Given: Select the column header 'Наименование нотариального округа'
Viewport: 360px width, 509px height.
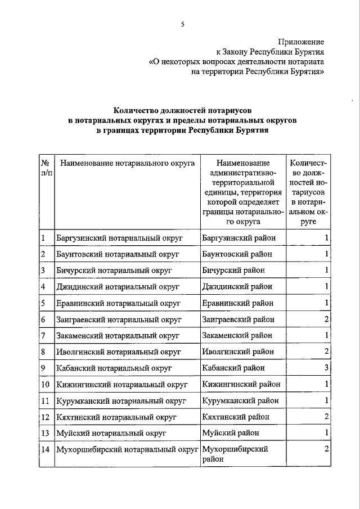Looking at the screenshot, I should coord(127,164).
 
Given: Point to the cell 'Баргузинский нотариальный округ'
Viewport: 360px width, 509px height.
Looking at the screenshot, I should coord(120,238).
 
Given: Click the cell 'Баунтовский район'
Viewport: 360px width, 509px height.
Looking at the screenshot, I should coord(237,254).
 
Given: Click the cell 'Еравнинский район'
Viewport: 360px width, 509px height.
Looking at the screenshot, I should coord(237,303).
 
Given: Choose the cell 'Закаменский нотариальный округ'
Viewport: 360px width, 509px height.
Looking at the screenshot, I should coord(118,336).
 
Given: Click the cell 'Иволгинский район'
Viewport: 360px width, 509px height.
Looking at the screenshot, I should coord(238,352).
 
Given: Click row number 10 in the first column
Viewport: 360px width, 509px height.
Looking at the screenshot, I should coord(45,385).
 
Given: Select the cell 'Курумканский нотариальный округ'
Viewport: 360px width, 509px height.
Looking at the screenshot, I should coord(120,401).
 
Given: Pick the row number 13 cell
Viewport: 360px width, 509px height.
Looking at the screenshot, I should coord(45,433).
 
